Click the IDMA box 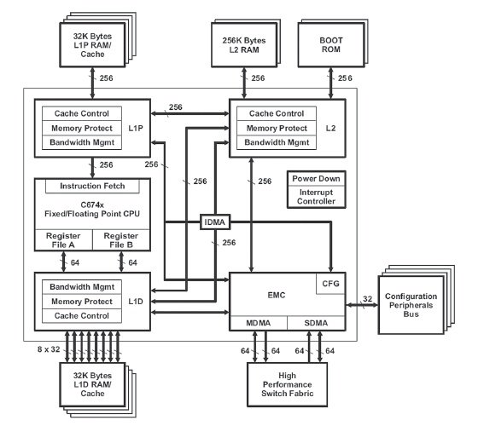click(x=215, y=222)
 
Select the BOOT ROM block click(x=331, y=44)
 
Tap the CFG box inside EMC click(x=330, y=284)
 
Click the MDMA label click(x=259, y=323)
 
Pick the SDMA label click(x=316, y=323)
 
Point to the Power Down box click(x=316, y=179)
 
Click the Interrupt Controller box click(x=316, y=197)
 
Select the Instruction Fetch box click(x=92, y=186)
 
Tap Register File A click(x=63, y=240)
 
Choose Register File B click(x=121, y=240)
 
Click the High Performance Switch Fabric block click(x=287, y=384)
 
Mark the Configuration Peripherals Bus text click(x=411, y=305)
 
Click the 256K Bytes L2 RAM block click(x=244, y=44)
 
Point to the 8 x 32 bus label click(x=49, y=349)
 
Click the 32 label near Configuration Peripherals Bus click(x=367, y=299)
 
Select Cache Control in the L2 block click(x=277, y=113)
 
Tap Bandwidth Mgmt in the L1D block click(x=82, y=287)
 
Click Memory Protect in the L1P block click(x=82, y=128)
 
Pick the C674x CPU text click(x=92, y=210)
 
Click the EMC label click(x=277, y=296)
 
